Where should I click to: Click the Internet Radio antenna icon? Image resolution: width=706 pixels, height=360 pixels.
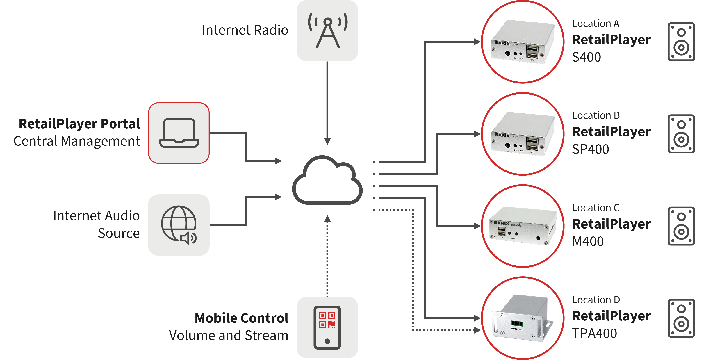click(x=327, y=31)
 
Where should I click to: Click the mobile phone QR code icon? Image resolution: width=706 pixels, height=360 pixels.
click(x=327, y=327)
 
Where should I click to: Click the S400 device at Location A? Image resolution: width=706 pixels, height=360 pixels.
click(x=522, y=42)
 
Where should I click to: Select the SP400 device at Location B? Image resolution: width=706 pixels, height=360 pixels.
click(x=522, y=134)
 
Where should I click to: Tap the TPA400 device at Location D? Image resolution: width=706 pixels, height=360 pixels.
click(x=522, y=318)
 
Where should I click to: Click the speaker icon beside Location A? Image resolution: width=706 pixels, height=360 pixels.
click(x=681, y=42)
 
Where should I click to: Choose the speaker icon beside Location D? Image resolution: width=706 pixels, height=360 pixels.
click(x=681, y=318)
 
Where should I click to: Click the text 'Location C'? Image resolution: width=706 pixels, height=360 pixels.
click(x=596, y=208)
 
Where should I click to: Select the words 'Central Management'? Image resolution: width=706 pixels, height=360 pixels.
click(x=77, y=141)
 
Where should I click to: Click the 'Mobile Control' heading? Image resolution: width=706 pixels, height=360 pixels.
click(x=241, y=318)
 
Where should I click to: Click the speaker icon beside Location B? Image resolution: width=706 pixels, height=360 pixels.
click(x=681, y=134)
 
